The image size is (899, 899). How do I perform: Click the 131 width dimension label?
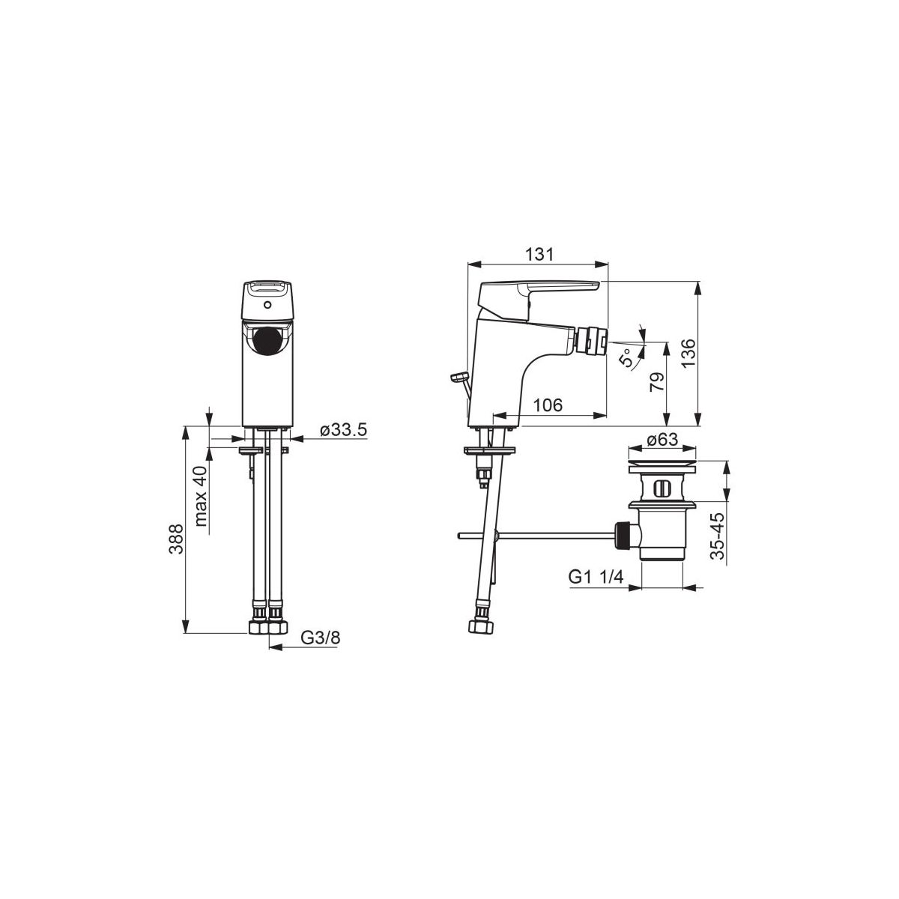[x=539, y=255]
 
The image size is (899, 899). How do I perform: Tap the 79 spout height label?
[x=657, y=382]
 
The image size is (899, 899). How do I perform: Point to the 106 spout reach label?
[x=548, y=405]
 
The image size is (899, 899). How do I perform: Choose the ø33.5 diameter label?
[x=344, y=429]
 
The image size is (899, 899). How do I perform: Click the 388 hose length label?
[x=176, y=539]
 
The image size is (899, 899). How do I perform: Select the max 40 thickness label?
[x=201, y=496]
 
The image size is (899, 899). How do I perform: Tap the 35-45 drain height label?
[x=718, y=536]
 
